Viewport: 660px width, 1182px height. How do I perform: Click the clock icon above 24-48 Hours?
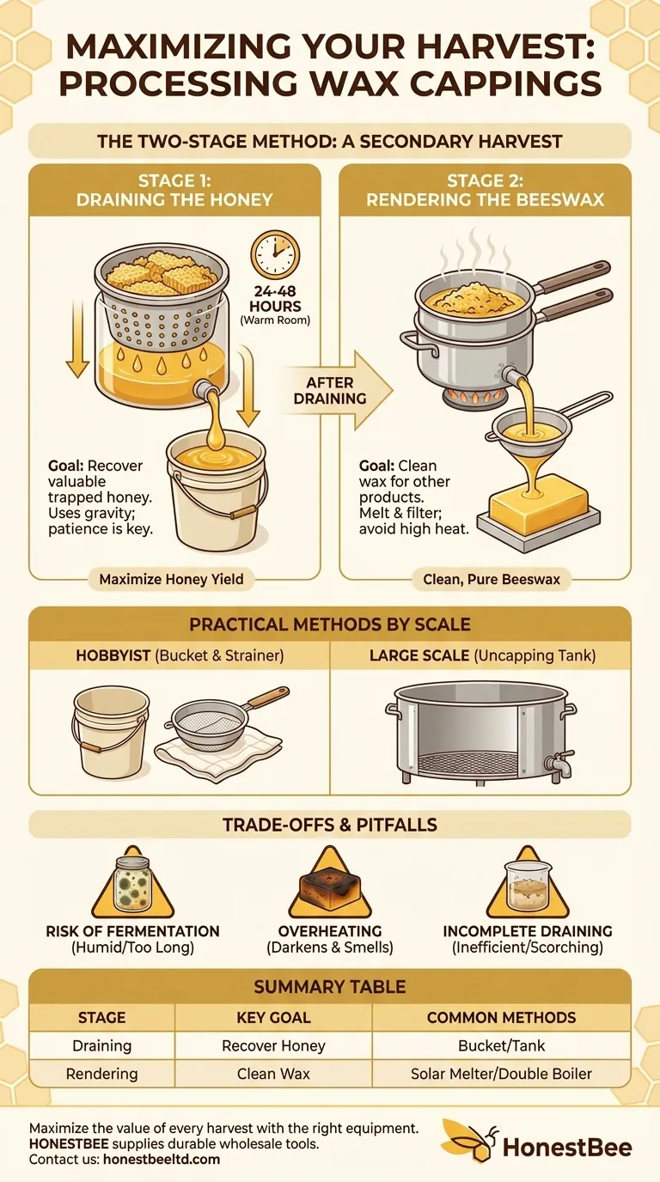pos(275,255)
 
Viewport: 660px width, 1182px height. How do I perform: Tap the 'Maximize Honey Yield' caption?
pos(171,579)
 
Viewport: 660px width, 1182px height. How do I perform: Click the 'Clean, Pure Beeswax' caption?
pos(492,579)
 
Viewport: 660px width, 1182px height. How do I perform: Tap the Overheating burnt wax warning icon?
pos(329,886)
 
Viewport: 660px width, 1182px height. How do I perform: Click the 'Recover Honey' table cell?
pos(273,1045)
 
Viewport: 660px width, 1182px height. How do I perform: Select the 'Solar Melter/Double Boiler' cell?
pos(501,1074)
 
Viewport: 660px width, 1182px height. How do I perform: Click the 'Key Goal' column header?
pos(273,1017)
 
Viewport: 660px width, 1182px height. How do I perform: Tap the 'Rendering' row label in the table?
pos(101,1074)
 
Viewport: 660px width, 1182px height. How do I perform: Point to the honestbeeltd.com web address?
pos(162,1159)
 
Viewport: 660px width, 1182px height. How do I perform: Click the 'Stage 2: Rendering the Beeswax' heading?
pos(485,190)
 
